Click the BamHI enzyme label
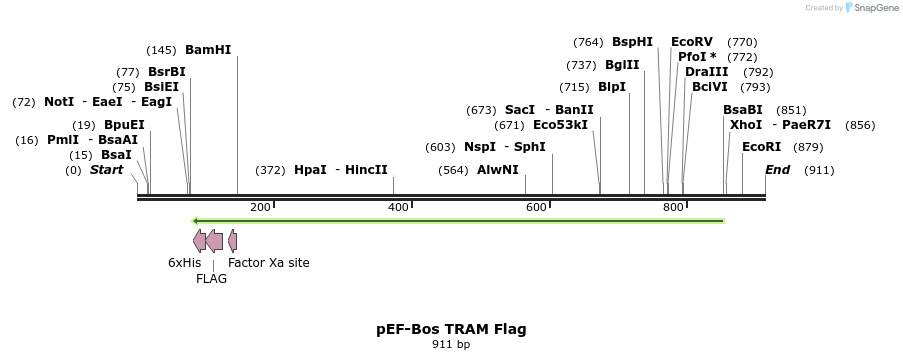(208, 50)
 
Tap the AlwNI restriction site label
(497, 170)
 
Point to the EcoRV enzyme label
(692, 42)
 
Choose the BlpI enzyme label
(612, 87)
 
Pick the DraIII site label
(706, 72)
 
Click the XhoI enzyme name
(746, 125)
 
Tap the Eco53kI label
(561, 125)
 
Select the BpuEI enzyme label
(124, 125)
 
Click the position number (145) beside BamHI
(161, 50)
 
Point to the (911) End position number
(818, 170)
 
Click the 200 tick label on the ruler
(260, 207)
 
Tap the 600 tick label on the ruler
(536, 207)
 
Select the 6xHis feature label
(184, 263)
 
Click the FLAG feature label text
(211, 279)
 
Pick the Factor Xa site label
(269, 263)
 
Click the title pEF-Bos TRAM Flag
(451, 329)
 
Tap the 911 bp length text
(451, 345)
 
